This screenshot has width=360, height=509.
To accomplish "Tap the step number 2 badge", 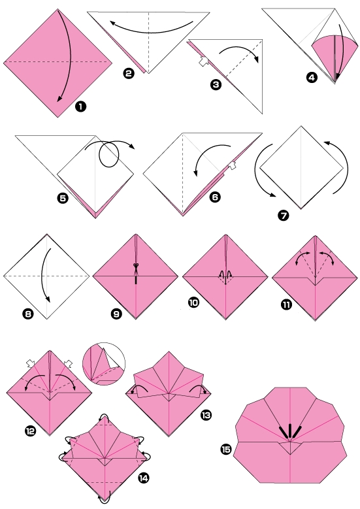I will [x=129, y=74].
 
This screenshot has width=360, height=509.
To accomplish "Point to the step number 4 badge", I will [x=312, y=78].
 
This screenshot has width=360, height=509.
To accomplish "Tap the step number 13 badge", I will [x=206, y=414].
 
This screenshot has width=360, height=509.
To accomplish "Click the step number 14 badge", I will [x=143, y=479].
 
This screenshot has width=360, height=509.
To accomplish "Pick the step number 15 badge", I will [x=227, y=450].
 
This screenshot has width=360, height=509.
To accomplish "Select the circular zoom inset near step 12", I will [x=103, y=363].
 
